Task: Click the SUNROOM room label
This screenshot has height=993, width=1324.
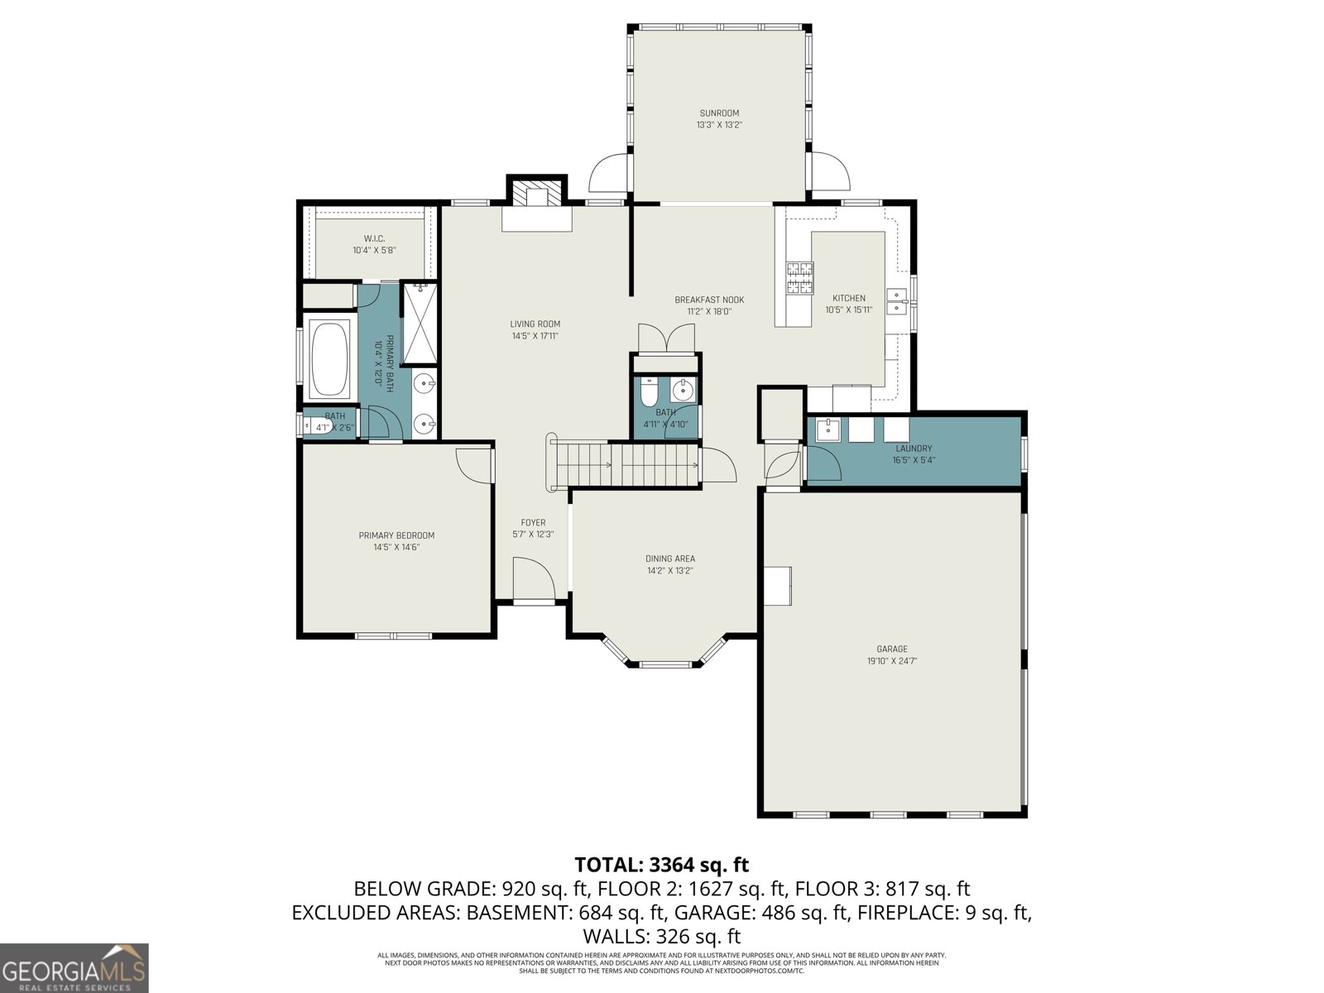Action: [718, 113]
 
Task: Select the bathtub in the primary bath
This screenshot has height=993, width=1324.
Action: [329, 358]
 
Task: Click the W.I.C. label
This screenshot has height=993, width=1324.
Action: [374, 239]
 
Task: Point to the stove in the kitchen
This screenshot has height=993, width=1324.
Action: [799, 277]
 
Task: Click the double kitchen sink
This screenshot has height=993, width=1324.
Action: [896, 301]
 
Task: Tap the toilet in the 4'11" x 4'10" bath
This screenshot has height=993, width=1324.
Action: [650, 390]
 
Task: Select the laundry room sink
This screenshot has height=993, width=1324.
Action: [827, 430]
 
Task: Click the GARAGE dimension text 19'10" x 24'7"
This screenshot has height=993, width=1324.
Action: [892, 661]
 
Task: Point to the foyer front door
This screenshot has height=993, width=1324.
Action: [534, 579]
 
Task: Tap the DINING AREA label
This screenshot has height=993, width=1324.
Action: [670, 559]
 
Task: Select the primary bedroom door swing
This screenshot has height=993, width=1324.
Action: [473, 464]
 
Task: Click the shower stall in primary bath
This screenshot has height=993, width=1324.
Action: [420, 324]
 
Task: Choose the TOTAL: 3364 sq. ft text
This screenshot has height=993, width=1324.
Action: [661, 865]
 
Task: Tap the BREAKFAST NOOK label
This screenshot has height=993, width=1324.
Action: [709, 300]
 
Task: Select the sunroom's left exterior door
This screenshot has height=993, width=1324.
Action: [608, 174]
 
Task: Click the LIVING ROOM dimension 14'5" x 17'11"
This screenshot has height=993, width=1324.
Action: [535, 336]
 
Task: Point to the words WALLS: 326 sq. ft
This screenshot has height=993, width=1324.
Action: [661, 937]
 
